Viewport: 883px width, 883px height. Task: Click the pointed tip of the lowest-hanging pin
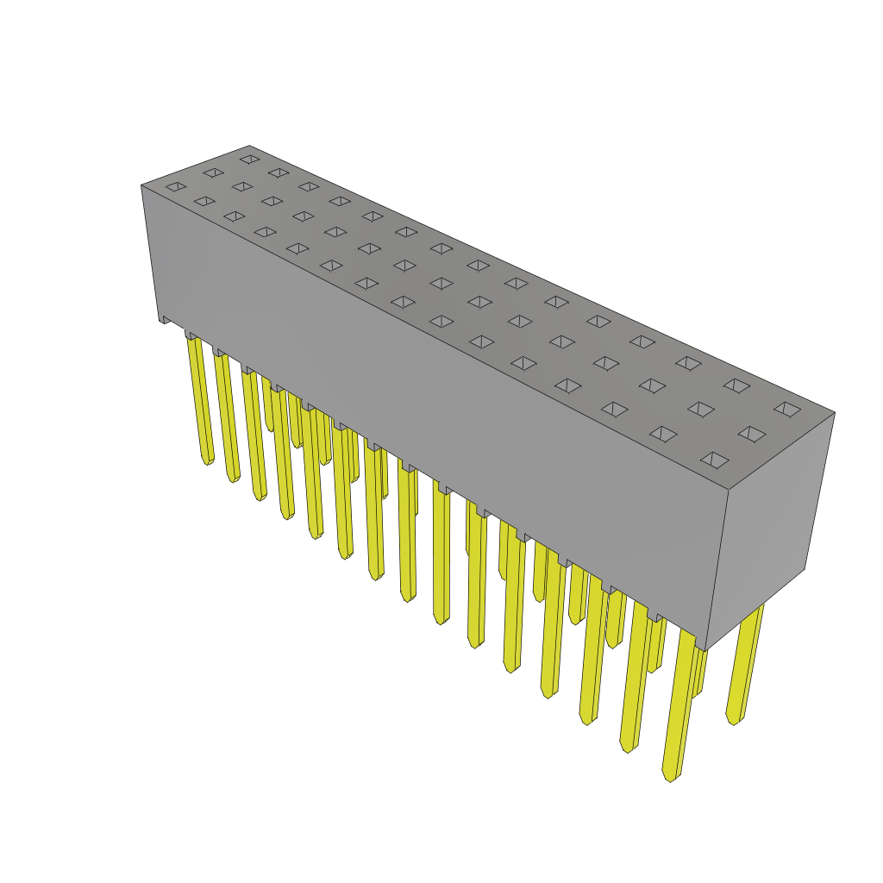[x=669, y=777]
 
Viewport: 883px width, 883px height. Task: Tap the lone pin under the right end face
[x=747, y=664]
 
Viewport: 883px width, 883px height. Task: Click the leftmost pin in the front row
[x=201, y=397]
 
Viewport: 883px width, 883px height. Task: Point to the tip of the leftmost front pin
[x=208, y=461]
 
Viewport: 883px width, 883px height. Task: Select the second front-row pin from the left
[x=228, y=414]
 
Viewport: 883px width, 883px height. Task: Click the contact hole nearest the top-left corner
[x=176, y=187]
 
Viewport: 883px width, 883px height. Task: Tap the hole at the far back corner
[x=249, y=160]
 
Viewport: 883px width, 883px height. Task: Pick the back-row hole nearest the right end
[x=787, y=410]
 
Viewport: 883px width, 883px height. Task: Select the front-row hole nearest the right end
[x=715, y=460]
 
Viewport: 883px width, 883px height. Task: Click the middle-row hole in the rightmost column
[x=752, y=434]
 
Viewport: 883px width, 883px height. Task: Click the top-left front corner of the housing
[x=142, y=186]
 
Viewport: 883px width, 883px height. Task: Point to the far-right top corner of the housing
[x=834, y=413]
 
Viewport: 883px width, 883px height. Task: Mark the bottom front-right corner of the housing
[x=706, y=650]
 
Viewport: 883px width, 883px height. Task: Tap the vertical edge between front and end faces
[x=717, y=569]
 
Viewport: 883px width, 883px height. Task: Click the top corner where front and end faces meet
[x=729, y=490]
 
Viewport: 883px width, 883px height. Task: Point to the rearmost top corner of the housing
[x=249, y=147]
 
